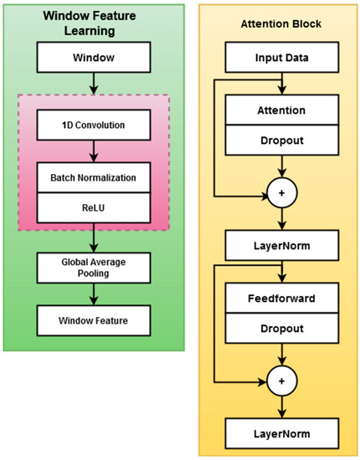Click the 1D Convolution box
click(93, 125)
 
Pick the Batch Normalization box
click(93, 177)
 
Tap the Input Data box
click(282, 58)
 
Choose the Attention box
click(282, 109)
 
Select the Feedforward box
click(282, 296)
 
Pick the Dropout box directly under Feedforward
click(282, 330)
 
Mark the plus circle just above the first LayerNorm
click(282, 193)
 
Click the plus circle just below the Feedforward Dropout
click(282, 381)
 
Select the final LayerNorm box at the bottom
click(282, 433)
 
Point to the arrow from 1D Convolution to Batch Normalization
click(93, 151)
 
